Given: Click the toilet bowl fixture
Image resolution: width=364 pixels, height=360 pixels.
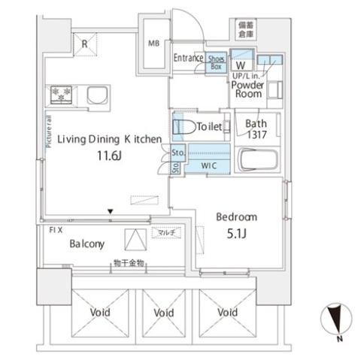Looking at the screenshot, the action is click(x=184, y=127).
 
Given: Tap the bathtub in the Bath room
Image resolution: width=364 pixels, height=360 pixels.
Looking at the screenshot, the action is click(x=257, y=160).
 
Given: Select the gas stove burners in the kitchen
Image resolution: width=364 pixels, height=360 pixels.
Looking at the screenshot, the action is click(x=62, y=95).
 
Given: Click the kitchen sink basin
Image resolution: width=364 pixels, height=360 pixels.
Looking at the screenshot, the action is click(x=98, y=95).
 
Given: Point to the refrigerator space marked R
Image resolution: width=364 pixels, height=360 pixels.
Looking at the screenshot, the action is click(x=85, y=44).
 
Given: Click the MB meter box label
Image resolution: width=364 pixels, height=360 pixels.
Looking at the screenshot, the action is click(x=153, y=44).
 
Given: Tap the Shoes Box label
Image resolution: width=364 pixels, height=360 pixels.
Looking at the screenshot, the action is click(x=216, y=62).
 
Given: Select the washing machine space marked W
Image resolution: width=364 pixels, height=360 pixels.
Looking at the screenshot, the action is click(x=241, y=65).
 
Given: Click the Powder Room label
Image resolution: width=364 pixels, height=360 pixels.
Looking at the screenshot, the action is click(x=247, y=89).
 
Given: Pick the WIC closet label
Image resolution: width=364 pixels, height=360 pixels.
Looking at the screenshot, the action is click(x=209, y=165).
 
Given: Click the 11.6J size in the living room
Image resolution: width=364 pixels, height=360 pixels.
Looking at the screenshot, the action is click(x=110, y=156).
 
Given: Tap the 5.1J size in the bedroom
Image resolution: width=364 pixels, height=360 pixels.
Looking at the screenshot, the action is click(x=237, y=234).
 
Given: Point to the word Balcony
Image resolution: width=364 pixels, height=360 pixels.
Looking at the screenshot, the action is click(x=87, y=244).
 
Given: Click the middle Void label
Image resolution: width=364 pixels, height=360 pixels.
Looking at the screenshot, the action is click(x=164, y=313).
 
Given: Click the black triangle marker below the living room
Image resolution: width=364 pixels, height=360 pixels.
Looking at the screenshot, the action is click(x=111, y=212).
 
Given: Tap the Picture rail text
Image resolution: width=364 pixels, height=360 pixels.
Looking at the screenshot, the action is click(x=49, y=132).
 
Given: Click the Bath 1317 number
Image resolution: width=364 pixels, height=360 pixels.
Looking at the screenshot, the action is click(x=257, y=135).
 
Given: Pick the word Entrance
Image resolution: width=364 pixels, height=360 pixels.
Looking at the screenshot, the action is click(x=189, y=58).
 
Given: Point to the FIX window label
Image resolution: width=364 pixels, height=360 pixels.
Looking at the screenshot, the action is click(x=56, y=230).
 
